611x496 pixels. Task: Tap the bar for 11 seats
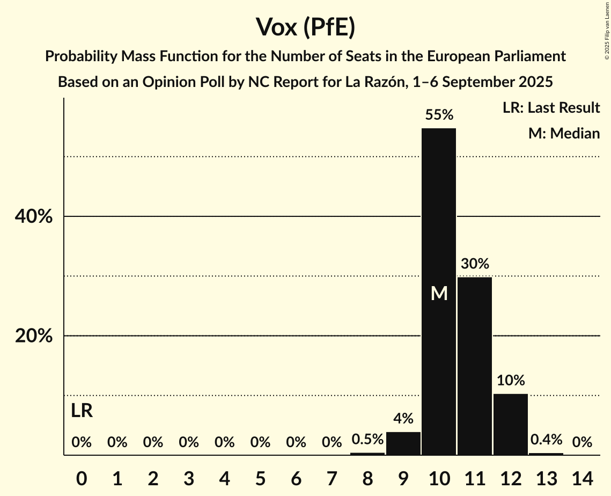(x=475, y=365)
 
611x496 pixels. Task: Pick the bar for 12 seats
(x=511, y=424)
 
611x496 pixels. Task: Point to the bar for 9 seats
(x=403, y=443)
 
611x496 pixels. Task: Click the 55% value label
(x=439, y=114)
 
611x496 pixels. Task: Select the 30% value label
(x=475, y=264)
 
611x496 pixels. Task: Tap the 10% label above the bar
(x=511, y=381)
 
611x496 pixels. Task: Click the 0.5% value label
(x=367, y=440)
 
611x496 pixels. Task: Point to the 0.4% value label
(x=546, y=440)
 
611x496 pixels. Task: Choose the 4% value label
(x=403, y=419)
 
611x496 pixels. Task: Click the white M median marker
(x=439, y=293)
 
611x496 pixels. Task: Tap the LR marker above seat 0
(x=82, y=411)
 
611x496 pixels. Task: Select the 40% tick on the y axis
(x=33, y=217)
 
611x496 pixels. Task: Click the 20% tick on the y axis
(x=33, y=336)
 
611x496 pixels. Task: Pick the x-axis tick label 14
(x=582, y=477)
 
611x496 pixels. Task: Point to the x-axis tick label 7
(x=332, y=477)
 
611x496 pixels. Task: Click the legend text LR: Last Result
(x=551, y=108)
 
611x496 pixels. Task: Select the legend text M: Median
(x=564, y=133)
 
